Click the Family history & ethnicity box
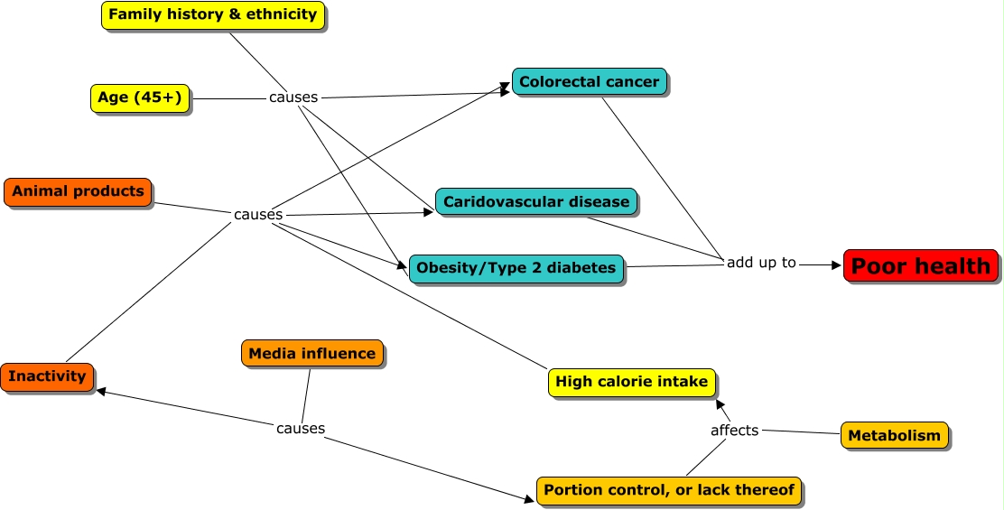click(212, 14)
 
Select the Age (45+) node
click(139, 97)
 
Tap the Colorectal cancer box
click(589, 82)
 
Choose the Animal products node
click(78, 191)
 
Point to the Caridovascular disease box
click(536, 201)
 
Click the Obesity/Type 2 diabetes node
click(516, 268)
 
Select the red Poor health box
click(921, 266)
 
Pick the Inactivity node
click(48, 376)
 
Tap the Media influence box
click(311, 353)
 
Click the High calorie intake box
click(631, 382)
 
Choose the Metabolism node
click(894, 435)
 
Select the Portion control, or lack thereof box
click(669, 490)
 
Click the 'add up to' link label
click(761, 263)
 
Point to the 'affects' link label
click(734, 430)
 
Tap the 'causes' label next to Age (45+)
click(293, 97)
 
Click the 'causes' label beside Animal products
click(258, 214)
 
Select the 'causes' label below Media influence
click(301, 428)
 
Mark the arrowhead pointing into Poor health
click(835, 265)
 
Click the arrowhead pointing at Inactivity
click(102, 392)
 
